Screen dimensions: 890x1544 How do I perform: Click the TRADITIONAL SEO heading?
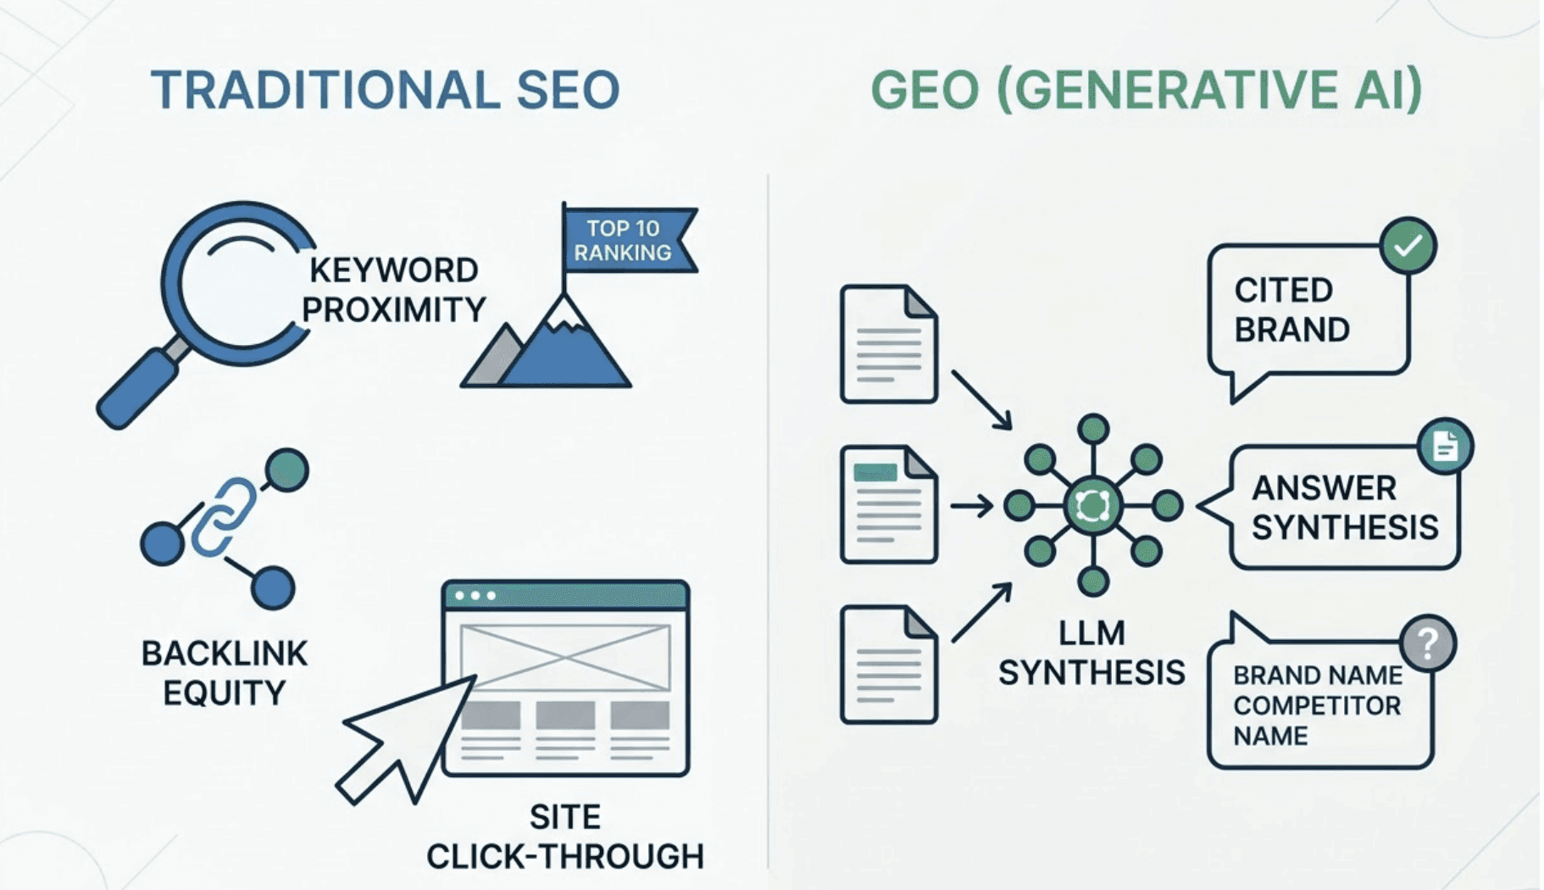coord(386,90)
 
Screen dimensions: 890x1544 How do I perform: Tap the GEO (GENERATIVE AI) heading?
coord(1146,90)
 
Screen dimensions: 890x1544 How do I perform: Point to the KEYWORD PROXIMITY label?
coord(393,290)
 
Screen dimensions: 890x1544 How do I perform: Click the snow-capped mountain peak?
coord(563,314)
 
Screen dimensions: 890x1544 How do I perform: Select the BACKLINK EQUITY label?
coord(225,673)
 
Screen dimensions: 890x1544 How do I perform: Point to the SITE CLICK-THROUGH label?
coord(565,837)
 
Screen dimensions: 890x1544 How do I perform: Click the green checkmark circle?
coord(1408,246)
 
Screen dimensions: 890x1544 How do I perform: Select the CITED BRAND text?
coord(1291,310)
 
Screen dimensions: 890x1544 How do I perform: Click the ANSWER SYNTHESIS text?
coord(1345,508)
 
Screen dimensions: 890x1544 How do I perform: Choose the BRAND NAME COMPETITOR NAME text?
coord(1318,705)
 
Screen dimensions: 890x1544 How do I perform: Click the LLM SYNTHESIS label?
coord(1091,653)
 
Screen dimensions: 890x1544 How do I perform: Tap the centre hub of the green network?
coord(1093,506)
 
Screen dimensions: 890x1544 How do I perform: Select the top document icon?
coord(889,344)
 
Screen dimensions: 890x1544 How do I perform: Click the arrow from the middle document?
coord(971,506)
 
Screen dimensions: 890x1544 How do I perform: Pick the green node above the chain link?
coord(286,470)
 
